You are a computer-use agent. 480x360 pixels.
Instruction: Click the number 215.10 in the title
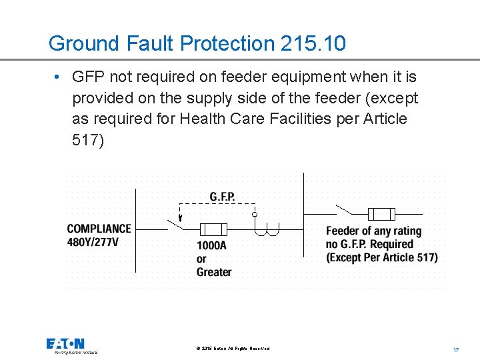[313, 44]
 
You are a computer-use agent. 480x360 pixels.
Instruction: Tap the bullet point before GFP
[59, 77]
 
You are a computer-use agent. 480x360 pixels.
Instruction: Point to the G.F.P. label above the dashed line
[222, 197]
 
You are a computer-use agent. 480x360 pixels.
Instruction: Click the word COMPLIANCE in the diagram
[99, 229]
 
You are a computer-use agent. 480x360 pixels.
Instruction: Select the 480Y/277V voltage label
[93, 241]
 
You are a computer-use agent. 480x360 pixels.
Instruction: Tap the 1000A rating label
[211, 245]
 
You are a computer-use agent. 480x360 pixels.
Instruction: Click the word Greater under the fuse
[213, 272]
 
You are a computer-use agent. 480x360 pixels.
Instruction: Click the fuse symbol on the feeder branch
[382, 214]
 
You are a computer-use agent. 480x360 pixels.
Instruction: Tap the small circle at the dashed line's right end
[254, 215]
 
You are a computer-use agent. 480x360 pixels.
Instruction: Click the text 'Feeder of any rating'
[374, 231]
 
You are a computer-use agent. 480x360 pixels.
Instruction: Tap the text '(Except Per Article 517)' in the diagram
[382, 258]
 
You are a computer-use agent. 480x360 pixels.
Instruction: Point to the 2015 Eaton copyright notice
[233, 349]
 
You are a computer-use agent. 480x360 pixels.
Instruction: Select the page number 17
[456, 349]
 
